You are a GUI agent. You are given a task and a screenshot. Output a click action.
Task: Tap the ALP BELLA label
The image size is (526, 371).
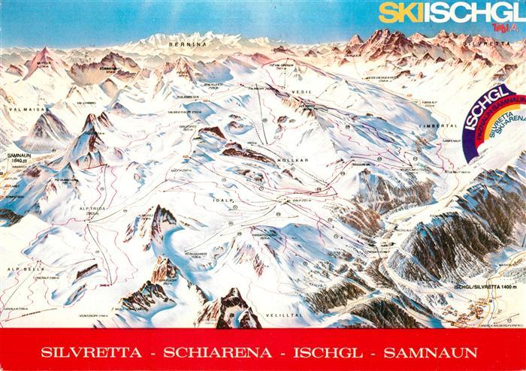coord(16,268)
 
